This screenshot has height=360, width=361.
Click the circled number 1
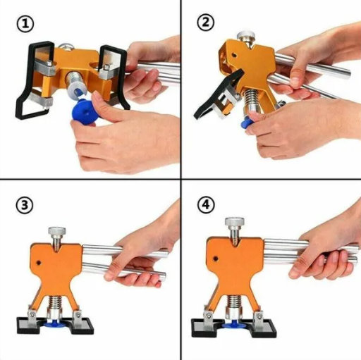[x=25, y=24]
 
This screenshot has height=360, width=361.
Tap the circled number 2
[x=205, y=23]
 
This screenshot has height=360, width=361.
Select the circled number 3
[x=25, y=205]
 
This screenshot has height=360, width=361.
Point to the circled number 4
[x=206, y=205]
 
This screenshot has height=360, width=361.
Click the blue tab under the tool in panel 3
[x=54, y=324]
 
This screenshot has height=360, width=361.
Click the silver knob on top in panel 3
[x=57, y=231]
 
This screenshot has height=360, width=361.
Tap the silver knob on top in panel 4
[x=234, y=222]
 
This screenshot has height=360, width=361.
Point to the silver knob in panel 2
[x=246, y=36]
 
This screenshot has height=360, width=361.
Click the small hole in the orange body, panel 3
[x=38, y=263]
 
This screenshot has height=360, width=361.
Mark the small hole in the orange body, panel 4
[x=215, y=259]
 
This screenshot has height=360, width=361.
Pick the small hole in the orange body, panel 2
[x=233, y=55]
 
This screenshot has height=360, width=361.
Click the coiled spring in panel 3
[x=54, y=302]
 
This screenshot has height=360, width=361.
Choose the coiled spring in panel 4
[x=233, y=302]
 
